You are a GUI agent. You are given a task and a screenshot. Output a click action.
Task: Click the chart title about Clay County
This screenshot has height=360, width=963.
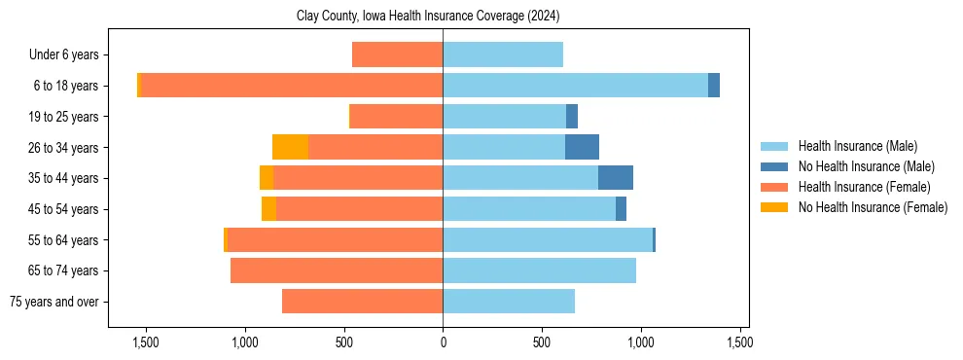(x=427, y=17)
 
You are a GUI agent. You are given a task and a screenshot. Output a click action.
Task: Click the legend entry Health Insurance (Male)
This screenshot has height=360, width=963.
(x=857, y=146)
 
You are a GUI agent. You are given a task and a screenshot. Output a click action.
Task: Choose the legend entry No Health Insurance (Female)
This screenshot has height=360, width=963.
(x=873, y=207)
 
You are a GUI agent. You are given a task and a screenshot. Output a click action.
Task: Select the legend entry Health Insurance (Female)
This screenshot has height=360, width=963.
(x=864, y=187)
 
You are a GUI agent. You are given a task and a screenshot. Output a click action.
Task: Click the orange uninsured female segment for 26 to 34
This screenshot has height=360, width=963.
(x=290, y=148)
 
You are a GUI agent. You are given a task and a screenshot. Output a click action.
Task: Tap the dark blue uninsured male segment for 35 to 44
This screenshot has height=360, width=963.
(x=616, y=178)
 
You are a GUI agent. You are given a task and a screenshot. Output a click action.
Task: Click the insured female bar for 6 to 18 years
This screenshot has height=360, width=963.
(x=292, y=86)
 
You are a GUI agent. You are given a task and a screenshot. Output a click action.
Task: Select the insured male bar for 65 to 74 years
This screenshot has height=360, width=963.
(x=539, y=270)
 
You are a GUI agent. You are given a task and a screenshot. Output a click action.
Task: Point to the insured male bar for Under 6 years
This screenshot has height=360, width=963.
(x=503, y=55)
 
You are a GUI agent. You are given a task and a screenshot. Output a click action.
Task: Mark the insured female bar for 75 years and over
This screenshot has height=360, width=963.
(x=362, y=302)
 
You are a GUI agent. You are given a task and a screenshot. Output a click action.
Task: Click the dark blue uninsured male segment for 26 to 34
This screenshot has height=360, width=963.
(x=582, y=148)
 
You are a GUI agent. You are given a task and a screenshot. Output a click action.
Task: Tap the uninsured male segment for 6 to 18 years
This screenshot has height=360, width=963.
(x=714, y=86)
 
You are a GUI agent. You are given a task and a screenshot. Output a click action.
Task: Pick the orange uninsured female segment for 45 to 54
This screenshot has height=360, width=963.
(x=268, y=209)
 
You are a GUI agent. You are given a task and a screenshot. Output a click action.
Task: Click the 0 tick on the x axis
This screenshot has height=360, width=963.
(x=443, y=342)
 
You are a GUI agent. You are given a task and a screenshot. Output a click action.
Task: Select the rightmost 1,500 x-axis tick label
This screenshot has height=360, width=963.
(x=739, y=342)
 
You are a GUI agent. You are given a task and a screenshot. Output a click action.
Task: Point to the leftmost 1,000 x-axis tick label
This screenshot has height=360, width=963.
(x=244, y=342)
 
